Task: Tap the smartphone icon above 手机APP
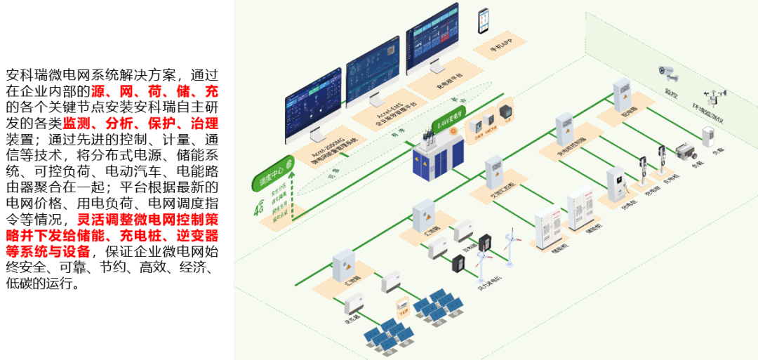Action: pyautogui.click(x=484, y=21)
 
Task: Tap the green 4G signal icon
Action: pyautogui.click(x=258, y=207)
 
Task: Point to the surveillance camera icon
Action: pyautogui.click(x=667, y=72)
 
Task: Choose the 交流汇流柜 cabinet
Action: pyautogui.click(x=495, y=173)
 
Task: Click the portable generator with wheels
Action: pyautogui.click(x=685, y=152)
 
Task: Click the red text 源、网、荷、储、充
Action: pyautogui.click(x=155, y=91)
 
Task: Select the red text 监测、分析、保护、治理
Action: pyautogui.click(x=140, y=124)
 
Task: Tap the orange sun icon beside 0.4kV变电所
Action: pyautogui.click(x=453, y=131)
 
